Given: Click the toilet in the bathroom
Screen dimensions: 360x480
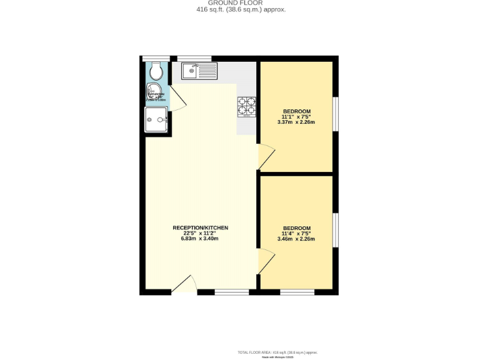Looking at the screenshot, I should pos(156,72).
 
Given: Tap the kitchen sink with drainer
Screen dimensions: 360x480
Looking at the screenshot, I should pos(199,71).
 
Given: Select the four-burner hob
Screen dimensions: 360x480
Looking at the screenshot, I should pos(247,106).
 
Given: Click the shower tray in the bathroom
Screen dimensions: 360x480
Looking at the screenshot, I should pos(157,119).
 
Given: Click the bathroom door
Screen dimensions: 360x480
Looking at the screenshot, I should pos(176,99).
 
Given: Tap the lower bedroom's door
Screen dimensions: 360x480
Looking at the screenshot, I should pos(267,258).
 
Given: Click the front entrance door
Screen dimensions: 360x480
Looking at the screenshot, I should pos(182,284).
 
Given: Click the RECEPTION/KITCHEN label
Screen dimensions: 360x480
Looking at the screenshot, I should pos(200,227).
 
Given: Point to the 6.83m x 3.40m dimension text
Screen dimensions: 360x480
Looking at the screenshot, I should pos(200,239).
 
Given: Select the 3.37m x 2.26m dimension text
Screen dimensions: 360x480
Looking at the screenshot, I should pos(296,122).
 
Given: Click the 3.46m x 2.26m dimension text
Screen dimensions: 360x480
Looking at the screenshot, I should pos(296,239).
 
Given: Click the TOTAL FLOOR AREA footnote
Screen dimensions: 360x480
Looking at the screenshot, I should pos(282,352).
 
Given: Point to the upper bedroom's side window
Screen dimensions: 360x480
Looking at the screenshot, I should pos(336,114).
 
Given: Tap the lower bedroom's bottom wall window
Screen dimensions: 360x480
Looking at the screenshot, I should pos(297,292).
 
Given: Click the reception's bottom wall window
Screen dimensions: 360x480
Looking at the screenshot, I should pos(231,292).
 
